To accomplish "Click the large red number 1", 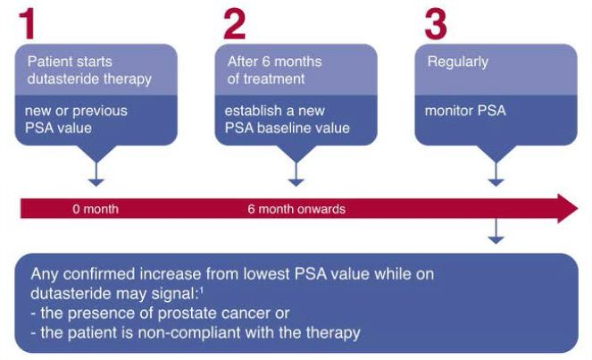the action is point(28,24).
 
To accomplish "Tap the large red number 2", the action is point(235,24).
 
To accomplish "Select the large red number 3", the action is point(436,24).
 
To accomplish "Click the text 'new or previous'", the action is point(76,111).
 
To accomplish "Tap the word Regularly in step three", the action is point(457,63).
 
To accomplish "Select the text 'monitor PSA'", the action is point(465,111).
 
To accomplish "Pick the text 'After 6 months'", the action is point(274,62).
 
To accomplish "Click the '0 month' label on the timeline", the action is point(96,209).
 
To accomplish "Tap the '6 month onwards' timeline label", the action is point(296,209).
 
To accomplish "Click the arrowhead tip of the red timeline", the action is point(578,208).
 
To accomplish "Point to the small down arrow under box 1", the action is point(96,174).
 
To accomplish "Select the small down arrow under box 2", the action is point(296,174).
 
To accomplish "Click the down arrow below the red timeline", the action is point(496,231).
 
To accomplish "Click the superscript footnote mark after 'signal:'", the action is point(202,290).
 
